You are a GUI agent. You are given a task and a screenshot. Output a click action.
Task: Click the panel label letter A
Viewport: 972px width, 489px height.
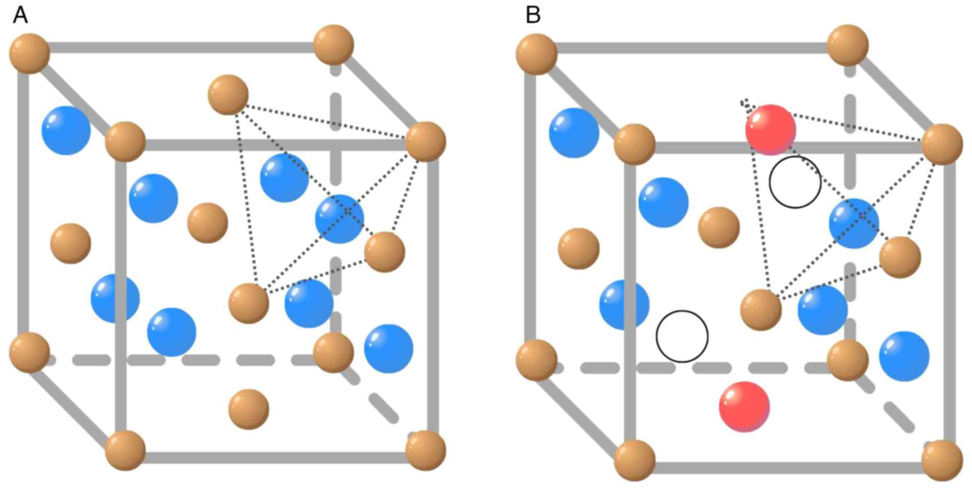20,16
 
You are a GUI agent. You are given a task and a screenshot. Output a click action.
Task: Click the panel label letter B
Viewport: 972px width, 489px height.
533,16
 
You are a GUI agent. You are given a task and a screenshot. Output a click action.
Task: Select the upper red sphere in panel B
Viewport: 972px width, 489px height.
771,130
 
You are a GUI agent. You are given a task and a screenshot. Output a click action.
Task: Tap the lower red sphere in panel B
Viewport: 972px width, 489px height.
744,407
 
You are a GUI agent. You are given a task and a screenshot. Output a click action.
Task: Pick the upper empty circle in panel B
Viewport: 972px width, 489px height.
795,182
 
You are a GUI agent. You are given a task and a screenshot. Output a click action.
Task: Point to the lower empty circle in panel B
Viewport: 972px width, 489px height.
682,336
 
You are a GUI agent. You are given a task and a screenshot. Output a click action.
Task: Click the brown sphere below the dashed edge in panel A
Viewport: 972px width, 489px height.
249,409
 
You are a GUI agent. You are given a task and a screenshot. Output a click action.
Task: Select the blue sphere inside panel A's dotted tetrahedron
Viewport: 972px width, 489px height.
340,218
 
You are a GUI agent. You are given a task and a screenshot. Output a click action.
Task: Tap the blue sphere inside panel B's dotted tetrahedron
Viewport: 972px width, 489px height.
854,223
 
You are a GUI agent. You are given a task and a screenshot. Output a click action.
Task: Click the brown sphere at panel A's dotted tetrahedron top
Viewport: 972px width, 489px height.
228,95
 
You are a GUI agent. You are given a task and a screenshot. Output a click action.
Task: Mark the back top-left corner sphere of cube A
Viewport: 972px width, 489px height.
30,53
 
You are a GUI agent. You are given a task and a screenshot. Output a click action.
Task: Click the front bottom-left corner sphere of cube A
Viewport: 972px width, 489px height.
125,450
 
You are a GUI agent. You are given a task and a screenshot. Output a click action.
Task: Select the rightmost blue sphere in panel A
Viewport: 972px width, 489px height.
388,349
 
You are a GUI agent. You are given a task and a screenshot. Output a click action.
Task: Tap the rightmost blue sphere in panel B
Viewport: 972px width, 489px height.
904,356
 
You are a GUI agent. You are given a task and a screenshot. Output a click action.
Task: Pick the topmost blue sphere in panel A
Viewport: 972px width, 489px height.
66,130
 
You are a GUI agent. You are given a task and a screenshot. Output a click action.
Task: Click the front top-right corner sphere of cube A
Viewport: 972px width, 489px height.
425,141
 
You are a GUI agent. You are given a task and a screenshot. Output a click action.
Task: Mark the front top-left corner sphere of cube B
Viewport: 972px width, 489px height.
634,144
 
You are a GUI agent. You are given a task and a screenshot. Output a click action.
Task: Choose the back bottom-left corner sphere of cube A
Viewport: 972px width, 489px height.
30,353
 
